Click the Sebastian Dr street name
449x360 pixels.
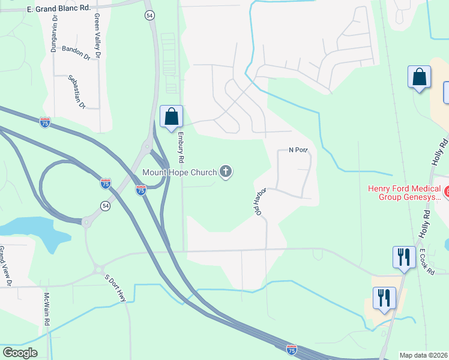click(x=77, y=91)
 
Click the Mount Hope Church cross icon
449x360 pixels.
click(x=226, y=173)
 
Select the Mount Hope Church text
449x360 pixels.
click(x=179, y=173)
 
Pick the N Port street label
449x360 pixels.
click(x=298, y=150)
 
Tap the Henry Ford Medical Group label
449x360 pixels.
click(x=403, y=193)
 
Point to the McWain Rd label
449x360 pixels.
click(x=47, y=309)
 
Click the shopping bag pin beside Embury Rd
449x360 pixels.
click(x=171, y=116)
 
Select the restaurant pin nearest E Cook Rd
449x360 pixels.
click(x=404, y=257)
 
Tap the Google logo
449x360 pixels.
click(x=20, y=353)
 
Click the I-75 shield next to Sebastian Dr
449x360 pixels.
click(x=45, y=122)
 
